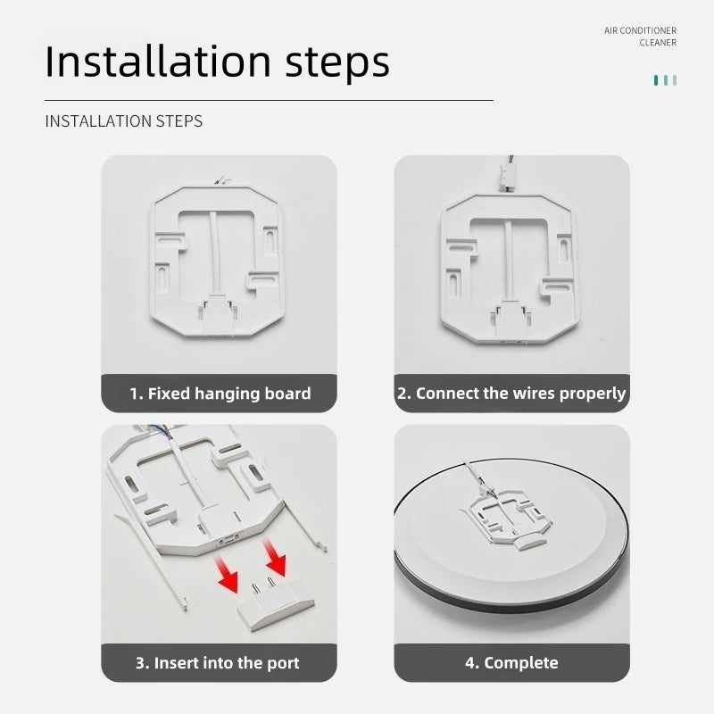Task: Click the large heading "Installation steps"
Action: pyautogui.click(x=217, y=62)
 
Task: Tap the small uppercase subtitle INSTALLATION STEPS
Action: pyautogui.click(x=123, y=121)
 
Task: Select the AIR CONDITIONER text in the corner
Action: pyautogui.click(x=640, y=30)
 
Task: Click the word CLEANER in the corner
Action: pyautogui.click(x=658, y=43)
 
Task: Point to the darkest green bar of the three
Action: pyautogui.click(x=656, y=80)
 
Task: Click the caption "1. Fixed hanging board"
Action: pyautogui.click(x=220, y=394)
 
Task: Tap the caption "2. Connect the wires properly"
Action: pyautogui.click(x=511, y=394)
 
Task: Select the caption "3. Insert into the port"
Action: pyautogui.click(x=218, y=663)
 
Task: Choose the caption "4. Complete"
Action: pyautogui.click(x=511, y=663)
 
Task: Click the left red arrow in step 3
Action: pyautogui.click(x=228, y=574)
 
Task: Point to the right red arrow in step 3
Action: pyautogui.click(x=275, y=558)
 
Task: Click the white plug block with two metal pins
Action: pyautogui.click(x=276, y=604)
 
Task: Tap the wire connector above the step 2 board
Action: pyautogui.click(x=505, y=173)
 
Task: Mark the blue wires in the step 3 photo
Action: pyautogui.click(x=161, y=431)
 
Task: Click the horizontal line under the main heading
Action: pyautogui.click(x=270, y=100)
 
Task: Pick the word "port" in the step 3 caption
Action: pyautogui.click(x=283, y=664)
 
